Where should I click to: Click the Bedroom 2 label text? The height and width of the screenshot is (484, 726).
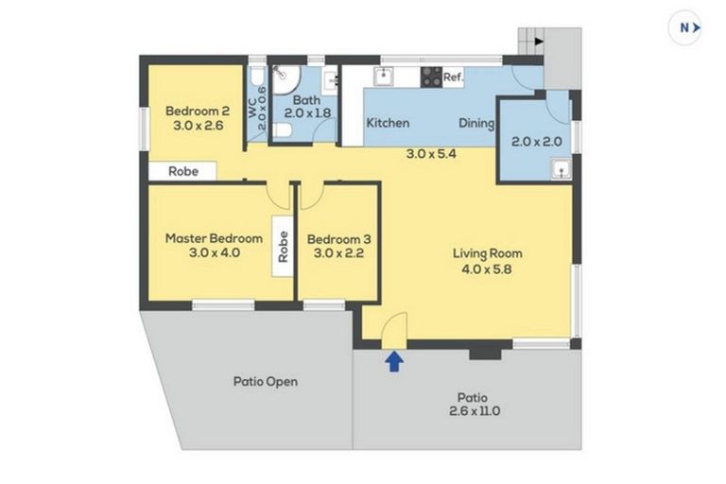tap(191, 109)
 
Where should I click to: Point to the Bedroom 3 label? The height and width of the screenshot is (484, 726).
tap(337, 238)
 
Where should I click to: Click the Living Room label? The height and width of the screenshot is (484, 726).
tap(487, 253)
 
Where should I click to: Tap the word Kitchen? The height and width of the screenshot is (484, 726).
tap(388, 123)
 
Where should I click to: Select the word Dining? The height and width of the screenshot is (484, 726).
tap(477, 123)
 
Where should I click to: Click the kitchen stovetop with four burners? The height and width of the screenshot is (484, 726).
tap(431, 78)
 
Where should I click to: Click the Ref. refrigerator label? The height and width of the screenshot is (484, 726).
tap(453, 78)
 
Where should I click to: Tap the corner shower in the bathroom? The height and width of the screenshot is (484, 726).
tap(284, 76)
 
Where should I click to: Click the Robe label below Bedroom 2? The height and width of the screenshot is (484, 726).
tap(182, 172)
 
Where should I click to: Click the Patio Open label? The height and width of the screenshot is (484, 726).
tap(266, 382)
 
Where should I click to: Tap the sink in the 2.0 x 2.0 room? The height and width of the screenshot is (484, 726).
tap(560, 170)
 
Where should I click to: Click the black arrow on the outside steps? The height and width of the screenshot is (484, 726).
tap(538, 42)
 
